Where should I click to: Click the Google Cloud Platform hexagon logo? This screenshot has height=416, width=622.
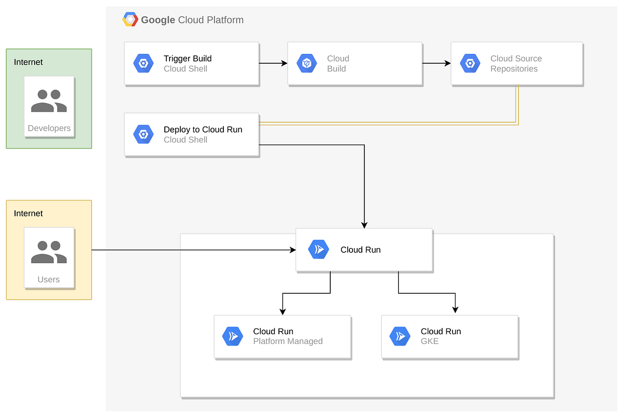click(x=130, y=20)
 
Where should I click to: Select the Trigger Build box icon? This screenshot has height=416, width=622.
click(x=144, y=64)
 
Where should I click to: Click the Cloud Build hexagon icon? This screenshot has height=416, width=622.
click(x=307, y=64)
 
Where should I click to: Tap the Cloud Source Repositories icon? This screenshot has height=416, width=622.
click(x=470, y=64)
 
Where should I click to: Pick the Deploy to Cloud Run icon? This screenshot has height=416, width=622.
click(x=144, y=134)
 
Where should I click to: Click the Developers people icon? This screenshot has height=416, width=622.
click(x=49, y=101)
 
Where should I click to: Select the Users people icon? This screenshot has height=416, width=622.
click(x=49, y=252)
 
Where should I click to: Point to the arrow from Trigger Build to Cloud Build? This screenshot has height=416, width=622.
click(x=273, y=63)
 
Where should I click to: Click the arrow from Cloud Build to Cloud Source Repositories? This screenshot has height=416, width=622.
click(x=436, y=63)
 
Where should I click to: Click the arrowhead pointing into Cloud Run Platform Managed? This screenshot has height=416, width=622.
click(x=282, y=311)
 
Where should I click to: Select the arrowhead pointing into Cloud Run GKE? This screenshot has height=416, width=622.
click(x=455, y=309)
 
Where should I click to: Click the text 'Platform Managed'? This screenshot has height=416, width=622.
click(x=288, y=341)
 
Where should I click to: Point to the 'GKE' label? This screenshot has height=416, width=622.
click(x=429, y=341)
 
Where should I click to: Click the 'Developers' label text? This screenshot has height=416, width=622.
click(x=49, y=128)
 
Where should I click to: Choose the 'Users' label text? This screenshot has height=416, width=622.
click(x=49, y=280)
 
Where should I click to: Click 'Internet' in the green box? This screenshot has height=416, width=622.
click(x=29, y=62)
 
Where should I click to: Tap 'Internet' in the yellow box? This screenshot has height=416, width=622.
click(x=29, y=213)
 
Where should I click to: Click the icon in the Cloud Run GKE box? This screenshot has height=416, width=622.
click(x=400, y=336)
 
